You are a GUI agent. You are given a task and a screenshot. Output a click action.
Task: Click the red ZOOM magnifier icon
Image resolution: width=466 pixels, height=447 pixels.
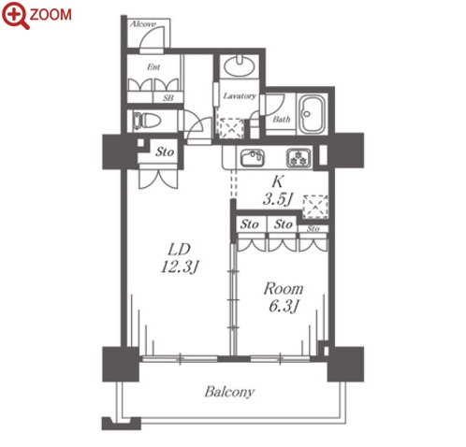click(x=15, y=16)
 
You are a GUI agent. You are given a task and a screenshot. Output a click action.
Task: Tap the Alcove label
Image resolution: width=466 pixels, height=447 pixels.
click(x=143, y=24)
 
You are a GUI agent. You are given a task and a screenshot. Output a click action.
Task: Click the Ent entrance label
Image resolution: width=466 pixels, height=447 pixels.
click(x=153, y=67)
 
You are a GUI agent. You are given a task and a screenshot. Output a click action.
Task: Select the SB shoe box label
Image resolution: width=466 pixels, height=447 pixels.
click(x=168, y=98)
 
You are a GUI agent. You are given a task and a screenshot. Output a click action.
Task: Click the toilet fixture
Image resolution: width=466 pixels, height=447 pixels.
click(x=146, y=121)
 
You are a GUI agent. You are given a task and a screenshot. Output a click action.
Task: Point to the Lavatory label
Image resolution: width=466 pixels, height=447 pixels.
click(x=240, y=96)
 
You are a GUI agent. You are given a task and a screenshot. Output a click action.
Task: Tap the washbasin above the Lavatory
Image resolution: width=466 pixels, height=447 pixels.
click(x=240, y=65)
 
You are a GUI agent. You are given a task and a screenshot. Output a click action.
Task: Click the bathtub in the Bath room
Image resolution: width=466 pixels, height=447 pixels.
click(x=313, y=114)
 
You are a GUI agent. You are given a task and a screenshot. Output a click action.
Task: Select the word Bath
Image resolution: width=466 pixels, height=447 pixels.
click(x=282, y=119)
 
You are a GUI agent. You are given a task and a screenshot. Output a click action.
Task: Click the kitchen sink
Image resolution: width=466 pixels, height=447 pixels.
click(x=253, y=158)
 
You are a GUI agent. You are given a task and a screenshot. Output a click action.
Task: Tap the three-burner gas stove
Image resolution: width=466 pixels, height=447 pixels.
click(x=299, y=158)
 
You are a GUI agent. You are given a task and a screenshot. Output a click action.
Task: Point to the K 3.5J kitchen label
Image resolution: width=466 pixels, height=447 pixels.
click(x=278, y=191)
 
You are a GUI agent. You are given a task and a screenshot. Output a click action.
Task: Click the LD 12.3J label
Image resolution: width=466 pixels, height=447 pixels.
click(x=180, y=258)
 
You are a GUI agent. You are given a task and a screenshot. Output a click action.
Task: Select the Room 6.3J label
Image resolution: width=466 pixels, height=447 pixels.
click(x=284, y=297)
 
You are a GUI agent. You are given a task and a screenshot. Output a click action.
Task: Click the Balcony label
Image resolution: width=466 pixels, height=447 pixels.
click(x=229, y=392)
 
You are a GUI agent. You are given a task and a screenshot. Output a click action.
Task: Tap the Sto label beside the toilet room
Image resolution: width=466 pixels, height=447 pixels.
click(x=165, y=152)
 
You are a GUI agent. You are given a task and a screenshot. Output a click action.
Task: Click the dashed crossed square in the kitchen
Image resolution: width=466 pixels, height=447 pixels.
click(x=315, y=207)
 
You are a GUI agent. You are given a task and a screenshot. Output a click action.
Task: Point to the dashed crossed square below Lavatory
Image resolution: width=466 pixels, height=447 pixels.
click(x=231, y=128)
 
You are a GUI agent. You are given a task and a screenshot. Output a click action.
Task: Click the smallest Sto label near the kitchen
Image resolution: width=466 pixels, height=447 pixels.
click(x=313, y=229)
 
